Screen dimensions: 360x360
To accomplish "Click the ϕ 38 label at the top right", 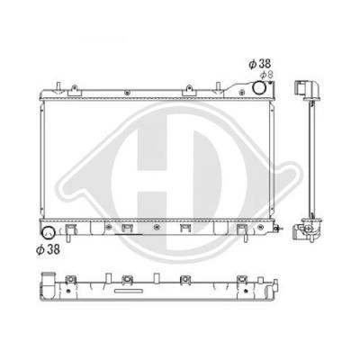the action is coord(260,64).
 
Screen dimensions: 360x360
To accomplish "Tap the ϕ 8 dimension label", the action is coord(266,75).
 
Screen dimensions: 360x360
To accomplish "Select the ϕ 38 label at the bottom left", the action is coord(48,249).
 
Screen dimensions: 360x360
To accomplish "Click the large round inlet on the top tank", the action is coord(259,87).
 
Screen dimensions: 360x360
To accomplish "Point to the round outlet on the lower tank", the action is coord(48,233).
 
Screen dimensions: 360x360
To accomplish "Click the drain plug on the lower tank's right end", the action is coord(278,229).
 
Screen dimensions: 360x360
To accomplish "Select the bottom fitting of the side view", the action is coord(307,230).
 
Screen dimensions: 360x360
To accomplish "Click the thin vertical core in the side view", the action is coord(312,159).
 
